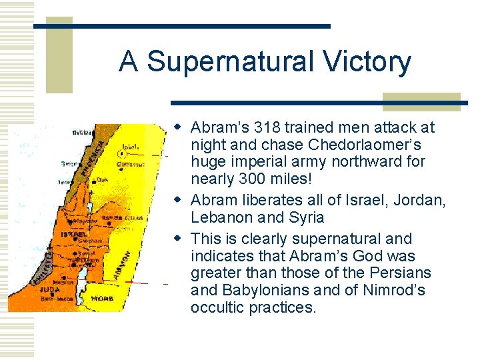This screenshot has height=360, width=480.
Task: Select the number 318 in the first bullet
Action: point(251,127)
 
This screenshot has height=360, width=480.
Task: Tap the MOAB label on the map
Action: point(104,298)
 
